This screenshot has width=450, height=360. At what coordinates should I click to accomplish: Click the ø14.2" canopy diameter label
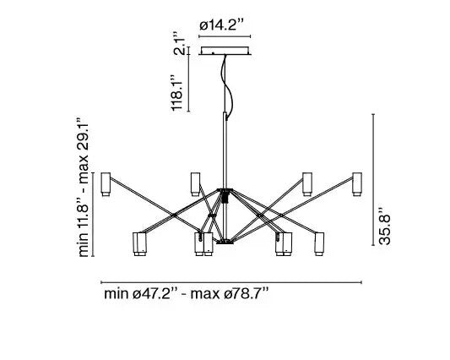(x=222, y=25)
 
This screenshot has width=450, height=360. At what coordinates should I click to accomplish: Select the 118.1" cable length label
(x=176, y=92)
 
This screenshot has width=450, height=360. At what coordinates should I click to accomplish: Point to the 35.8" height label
(x=384, y=226)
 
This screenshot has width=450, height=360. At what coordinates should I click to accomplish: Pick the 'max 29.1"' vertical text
(x=84, y=150)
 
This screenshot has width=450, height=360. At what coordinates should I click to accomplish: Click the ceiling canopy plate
(x=225, y=51)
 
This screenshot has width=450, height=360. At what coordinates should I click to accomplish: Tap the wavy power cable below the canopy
(x=227, y=85)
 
